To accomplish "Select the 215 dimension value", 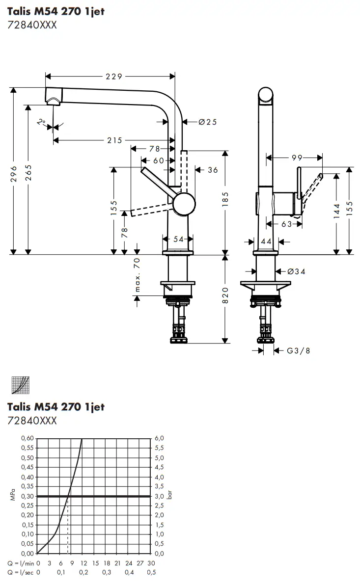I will pos(114,140).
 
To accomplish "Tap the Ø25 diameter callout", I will pos(207,122).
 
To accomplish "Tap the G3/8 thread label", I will pos(298,350).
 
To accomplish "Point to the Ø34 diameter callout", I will pos(296,271).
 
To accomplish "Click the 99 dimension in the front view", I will pos(297,158).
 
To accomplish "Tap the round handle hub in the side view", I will pos(184,203).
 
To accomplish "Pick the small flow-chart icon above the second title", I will pos(20,385).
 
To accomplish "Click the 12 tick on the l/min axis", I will pos(83,563).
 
